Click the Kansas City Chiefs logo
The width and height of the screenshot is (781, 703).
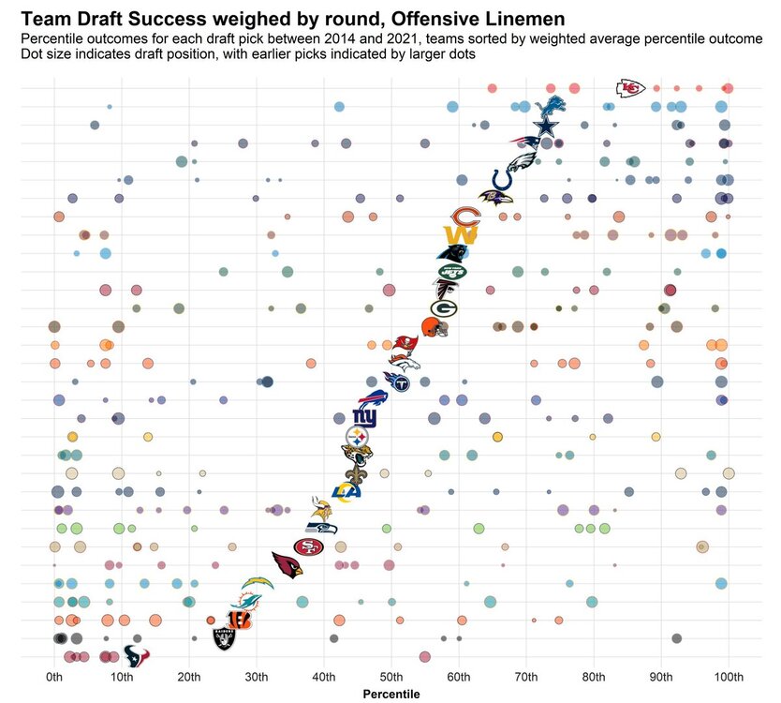pos(631,88)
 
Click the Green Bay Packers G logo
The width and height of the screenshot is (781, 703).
pos(443,307)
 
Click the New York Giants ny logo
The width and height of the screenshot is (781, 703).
pos(363,417)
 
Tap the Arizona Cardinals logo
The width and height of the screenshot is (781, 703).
pos(287,563)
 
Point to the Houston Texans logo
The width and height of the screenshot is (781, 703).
pos(137,656)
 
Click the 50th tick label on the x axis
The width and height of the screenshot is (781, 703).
pos(391,677)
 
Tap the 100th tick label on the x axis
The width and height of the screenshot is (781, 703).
pos(729,677)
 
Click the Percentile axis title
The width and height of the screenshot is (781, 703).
pos(391,694)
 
